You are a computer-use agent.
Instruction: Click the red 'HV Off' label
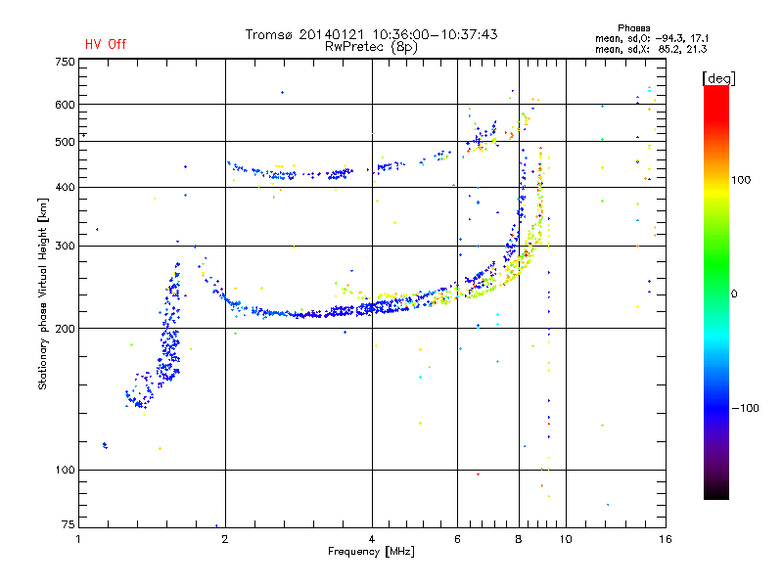tap(106, 44)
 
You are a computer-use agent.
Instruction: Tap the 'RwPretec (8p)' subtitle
tap(371, 47)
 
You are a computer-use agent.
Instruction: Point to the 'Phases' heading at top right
tap(633, 28)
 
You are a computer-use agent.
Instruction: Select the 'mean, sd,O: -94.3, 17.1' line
tap(652, 38)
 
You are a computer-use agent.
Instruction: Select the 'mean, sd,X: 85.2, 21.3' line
tap(651, 49)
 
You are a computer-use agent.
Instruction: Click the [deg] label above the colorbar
tap(718, 78)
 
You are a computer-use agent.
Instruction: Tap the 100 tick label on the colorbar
tap(741, 180)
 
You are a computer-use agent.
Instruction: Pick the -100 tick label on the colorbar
tap(745, 408)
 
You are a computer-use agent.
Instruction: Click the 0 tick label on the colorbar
tap(734, 294)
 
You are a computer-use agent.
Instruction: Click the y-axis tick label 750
tap(66, 62)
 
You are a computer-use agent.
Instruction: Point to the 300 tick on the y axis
tap(66, 246)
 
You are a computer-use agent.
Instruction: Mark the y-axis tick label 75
tap(69, 524)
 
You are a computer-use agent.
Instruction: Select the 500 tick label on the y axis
tap(66, 142)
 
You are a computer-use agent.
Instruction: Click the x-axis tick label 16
tap(666, 539)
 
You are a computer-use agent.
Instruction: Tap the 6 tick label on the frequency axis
tap(457, 539)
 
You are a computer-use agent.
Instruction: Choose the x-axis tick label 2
tap(225, 539)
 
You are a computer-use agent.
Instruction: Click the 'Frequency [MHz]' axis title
tap(372, 552)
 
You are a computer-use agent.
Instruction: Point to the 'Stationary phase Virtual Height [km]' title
tap(43, 294)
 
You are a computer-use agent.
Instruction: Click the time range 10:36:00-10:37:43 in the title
tap(435, 34)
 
